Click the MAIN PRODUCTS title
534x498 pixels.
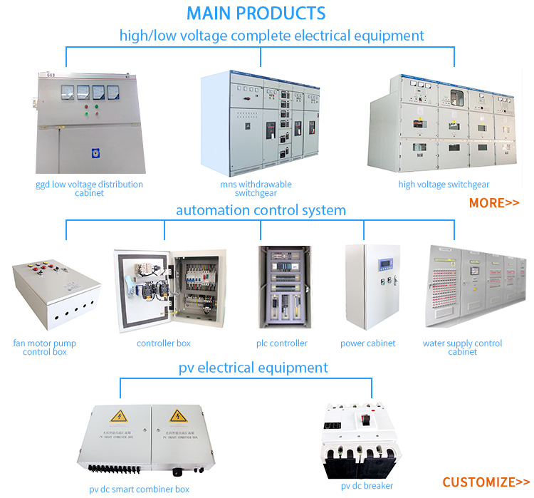256,13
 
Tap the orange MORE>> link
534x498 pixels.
493,203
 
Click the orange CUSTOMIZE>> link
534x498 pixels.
486,482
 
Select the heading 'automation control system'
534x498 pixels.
261,210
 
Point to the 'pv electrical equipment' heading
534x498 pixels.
253,368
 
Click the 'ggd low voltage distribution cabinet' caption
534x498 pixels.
89,189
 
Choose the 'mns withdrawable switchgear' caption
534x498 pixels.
256,189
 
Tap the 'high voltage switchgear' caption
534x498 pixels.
444,185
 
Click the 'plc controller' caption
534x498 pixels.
282,343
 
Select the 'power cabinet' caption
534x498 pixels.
367,343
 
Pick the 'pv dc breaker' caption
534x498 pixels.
366,487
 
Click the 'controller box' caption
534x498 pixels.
164,343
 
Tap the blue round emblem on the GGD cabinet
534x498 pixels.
95,152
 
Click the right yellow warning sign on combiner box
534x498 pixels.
177,416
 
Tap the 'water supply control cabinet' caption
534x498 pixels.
462,348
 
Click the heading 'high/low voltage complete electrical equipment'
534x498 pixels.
271,35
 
